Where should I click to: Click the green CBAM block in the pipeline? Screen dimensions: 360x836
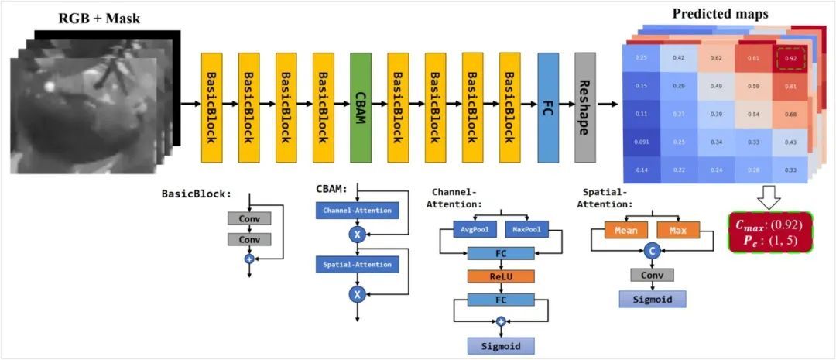(361, 108)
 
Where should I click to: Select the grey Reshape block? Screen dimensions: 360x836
(585, 108)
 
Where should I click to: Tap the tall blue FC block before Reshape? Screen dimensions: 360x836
(548, 108)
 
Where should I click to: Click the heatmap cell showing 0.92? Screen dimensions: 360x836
(790, 57)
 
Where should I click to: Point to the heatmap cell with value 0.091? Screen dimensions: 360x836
(642, 141)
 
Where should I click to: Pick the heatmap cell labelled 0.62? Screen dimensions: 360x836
(716, 57)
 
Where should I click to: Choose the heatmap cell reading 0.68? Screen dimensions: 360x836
(790, 113)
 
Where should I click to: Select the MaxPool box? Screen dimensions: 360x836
(526, 230)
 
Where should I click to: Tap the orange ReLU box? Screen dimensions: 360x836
(500, 276)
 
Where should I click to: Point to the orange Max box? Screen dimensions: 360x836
(678, 230)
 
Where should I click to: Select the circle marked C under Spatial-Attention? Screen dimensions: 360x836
(652, 251)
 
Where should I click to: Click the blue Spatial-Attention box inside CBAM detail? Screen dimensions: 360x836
(357, 265)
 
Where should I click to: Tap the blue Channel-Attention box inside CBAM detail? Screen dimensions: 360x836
(357, 211)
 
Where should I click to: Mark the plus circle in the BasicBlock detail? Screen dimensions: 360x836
(249, 259)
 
